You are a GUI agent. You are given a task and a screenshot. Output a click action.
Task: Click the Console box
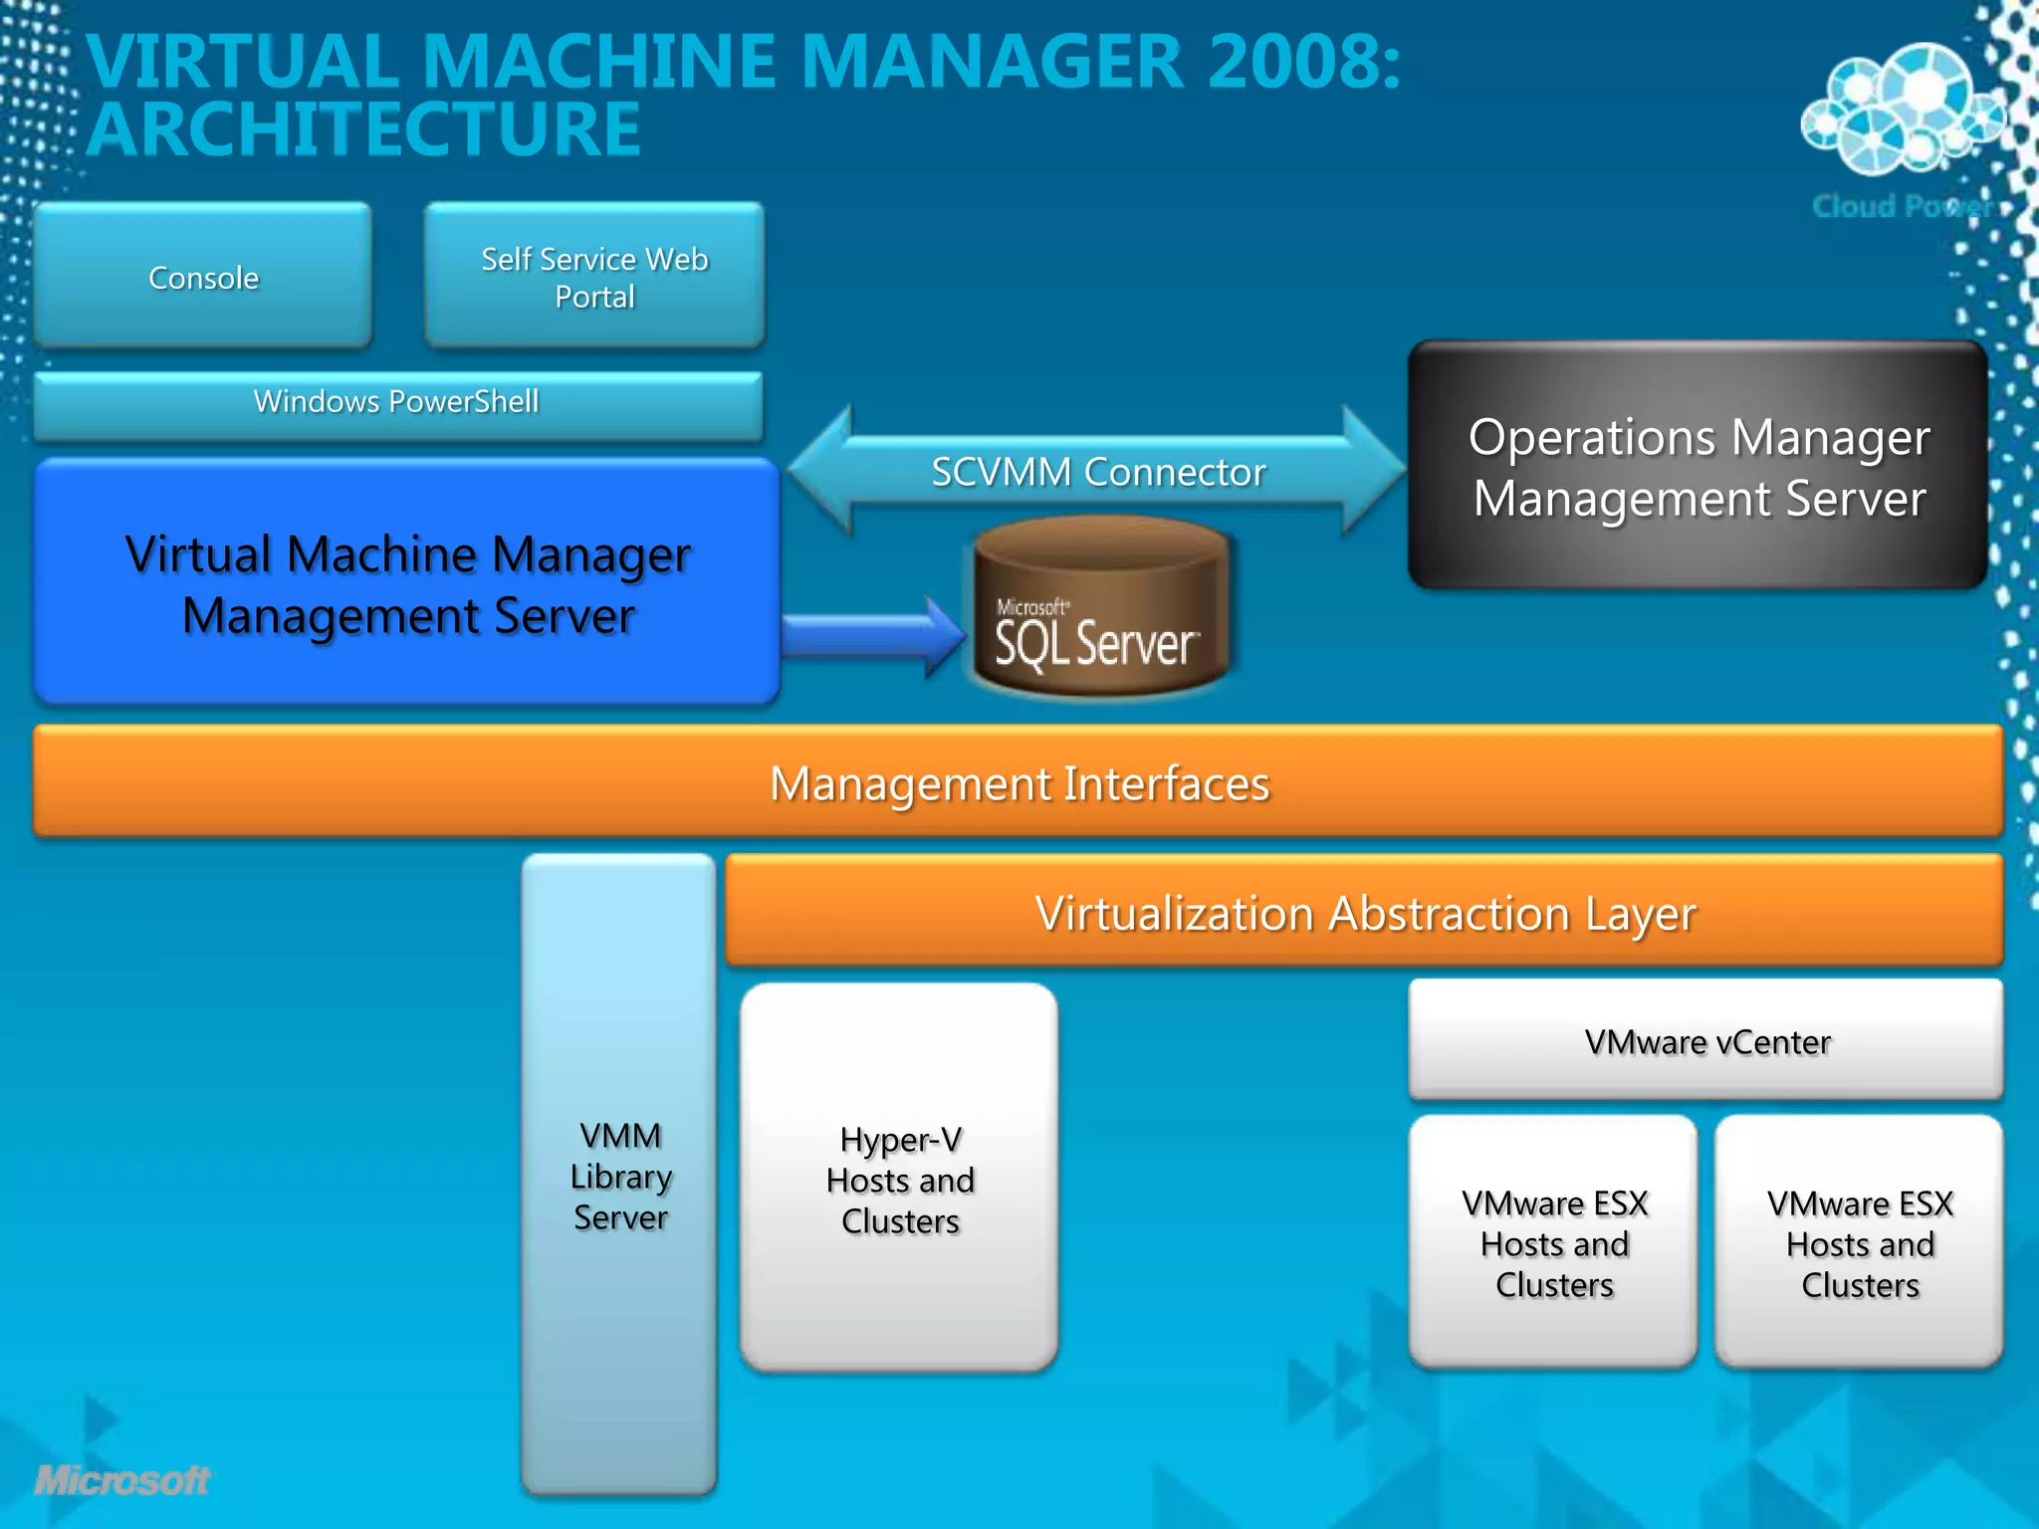click(x=203, y=276)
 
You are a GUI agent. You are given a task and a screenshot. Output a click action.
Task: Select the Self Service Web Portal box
click(x=594, y=276)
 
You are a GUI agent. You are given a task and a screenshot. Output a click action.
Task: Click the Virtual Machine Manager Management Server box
click(x=407, y=582)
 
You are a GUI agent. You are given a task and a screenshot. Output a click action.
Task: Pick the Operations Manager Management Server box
click(x=1698, y=466)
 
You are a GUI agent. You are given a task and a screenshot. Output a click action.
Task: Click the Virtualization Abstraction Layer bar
click(x=1364, y=911)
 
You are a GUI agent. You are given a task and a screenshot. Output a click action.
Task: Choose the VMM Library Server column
click(x=619, y=1175)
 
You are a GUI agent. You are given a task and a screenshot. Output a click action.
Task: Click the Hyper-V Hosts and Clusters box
click(x=899, y=1179)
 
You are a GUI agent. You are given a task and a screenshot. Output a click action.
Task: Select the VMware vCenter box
click(x=1705, y=1040)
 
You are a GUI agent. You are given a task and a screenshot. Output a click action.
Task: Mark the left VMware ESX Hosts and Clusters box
click(x=1553, y=1242)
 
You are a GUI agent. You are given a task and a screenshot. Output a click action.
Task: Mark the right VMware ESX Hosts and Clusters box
click(x=1859, y=1242)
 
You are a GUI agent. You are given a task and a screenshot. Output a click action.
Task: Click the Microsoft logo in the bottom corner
click(x=122, y=1480)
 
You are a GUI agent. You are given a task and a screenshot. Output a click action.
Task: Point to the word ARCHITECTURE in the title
click(x=364, y=129)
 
